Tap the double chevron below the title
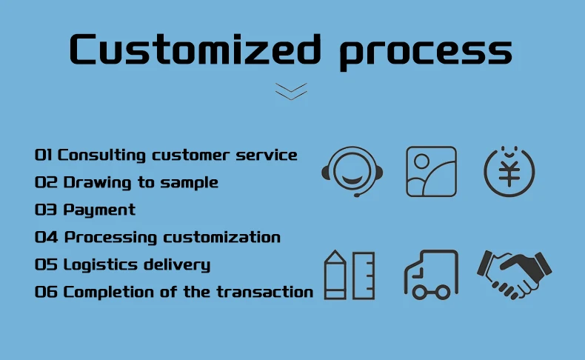pyautogui.click(x=291, y=91)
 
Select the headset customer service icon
pyautogui.click(x=352, y=171)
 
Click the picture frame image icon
pyautogui.click(x=431, y=171)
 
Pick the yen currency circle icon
pyautogui.click(x=509, y=171)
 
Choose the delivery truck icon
pyautogui.click(x=431, y=275)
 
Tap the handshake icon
pyautogui.click(x=514, y=273)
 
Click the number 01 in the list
pyautogui.click(x=44, y=155)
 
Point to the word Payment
pyautogui.click(x=99, y=210)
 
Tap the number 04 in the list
pyautogui.click(x=44, y=237)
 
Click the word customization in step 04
pyautogui.click(x=221, y=237)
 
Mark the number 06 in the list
pyautogui.click(x=44, y=292)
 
